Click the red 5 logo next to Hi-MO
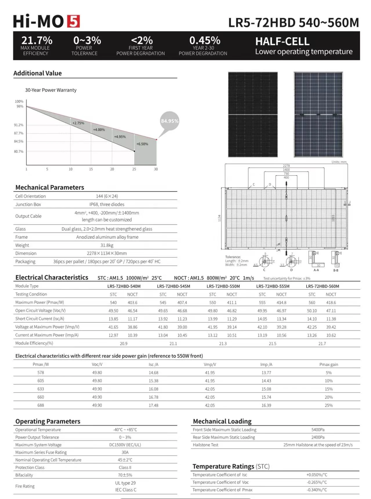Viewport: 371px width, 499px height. [73, 21]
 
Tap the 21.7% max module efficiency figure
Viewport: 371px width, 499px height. [37, 40]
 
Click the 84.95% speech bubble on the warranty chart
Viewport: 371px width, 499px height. [170, 121]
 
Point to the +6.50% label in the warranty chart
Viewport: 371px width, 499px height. [142, 144]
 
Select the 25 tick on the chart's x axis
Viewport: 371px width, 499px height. [134, 169]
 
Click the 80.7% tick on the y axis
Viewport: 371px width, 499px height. [19, 152]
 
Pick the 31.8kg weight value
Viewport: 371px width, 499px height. [107, 245]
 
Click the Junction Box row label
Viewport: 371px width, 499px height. [28, 204]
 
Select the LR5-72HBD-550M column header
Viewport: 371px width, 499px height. [223, 286]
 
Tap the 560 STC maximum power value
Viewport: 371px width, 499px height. [312, 303]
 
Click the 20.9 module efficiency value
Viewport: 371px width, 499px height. [124, 344]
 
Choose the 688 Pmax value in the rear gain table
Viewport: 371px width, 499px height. [41, 405]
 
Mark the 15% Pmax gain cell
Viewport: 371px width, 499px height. [329, 389]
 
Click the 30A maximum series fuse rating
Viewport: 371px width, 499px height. [125, 452]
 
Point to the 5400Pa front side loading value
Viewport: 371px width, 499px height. [318, 430]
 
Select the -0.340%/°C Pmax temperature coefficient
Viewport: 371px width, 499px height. [317, 490]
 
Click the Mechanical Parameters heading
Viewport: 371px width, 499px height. [50, 187]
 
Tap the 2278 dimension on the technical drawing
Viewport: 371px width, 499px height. [286, 166]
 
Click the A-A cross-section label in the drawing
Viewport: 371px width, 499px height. [316, 270]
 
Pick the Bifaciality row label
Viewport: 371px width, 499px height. [24, 475]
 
